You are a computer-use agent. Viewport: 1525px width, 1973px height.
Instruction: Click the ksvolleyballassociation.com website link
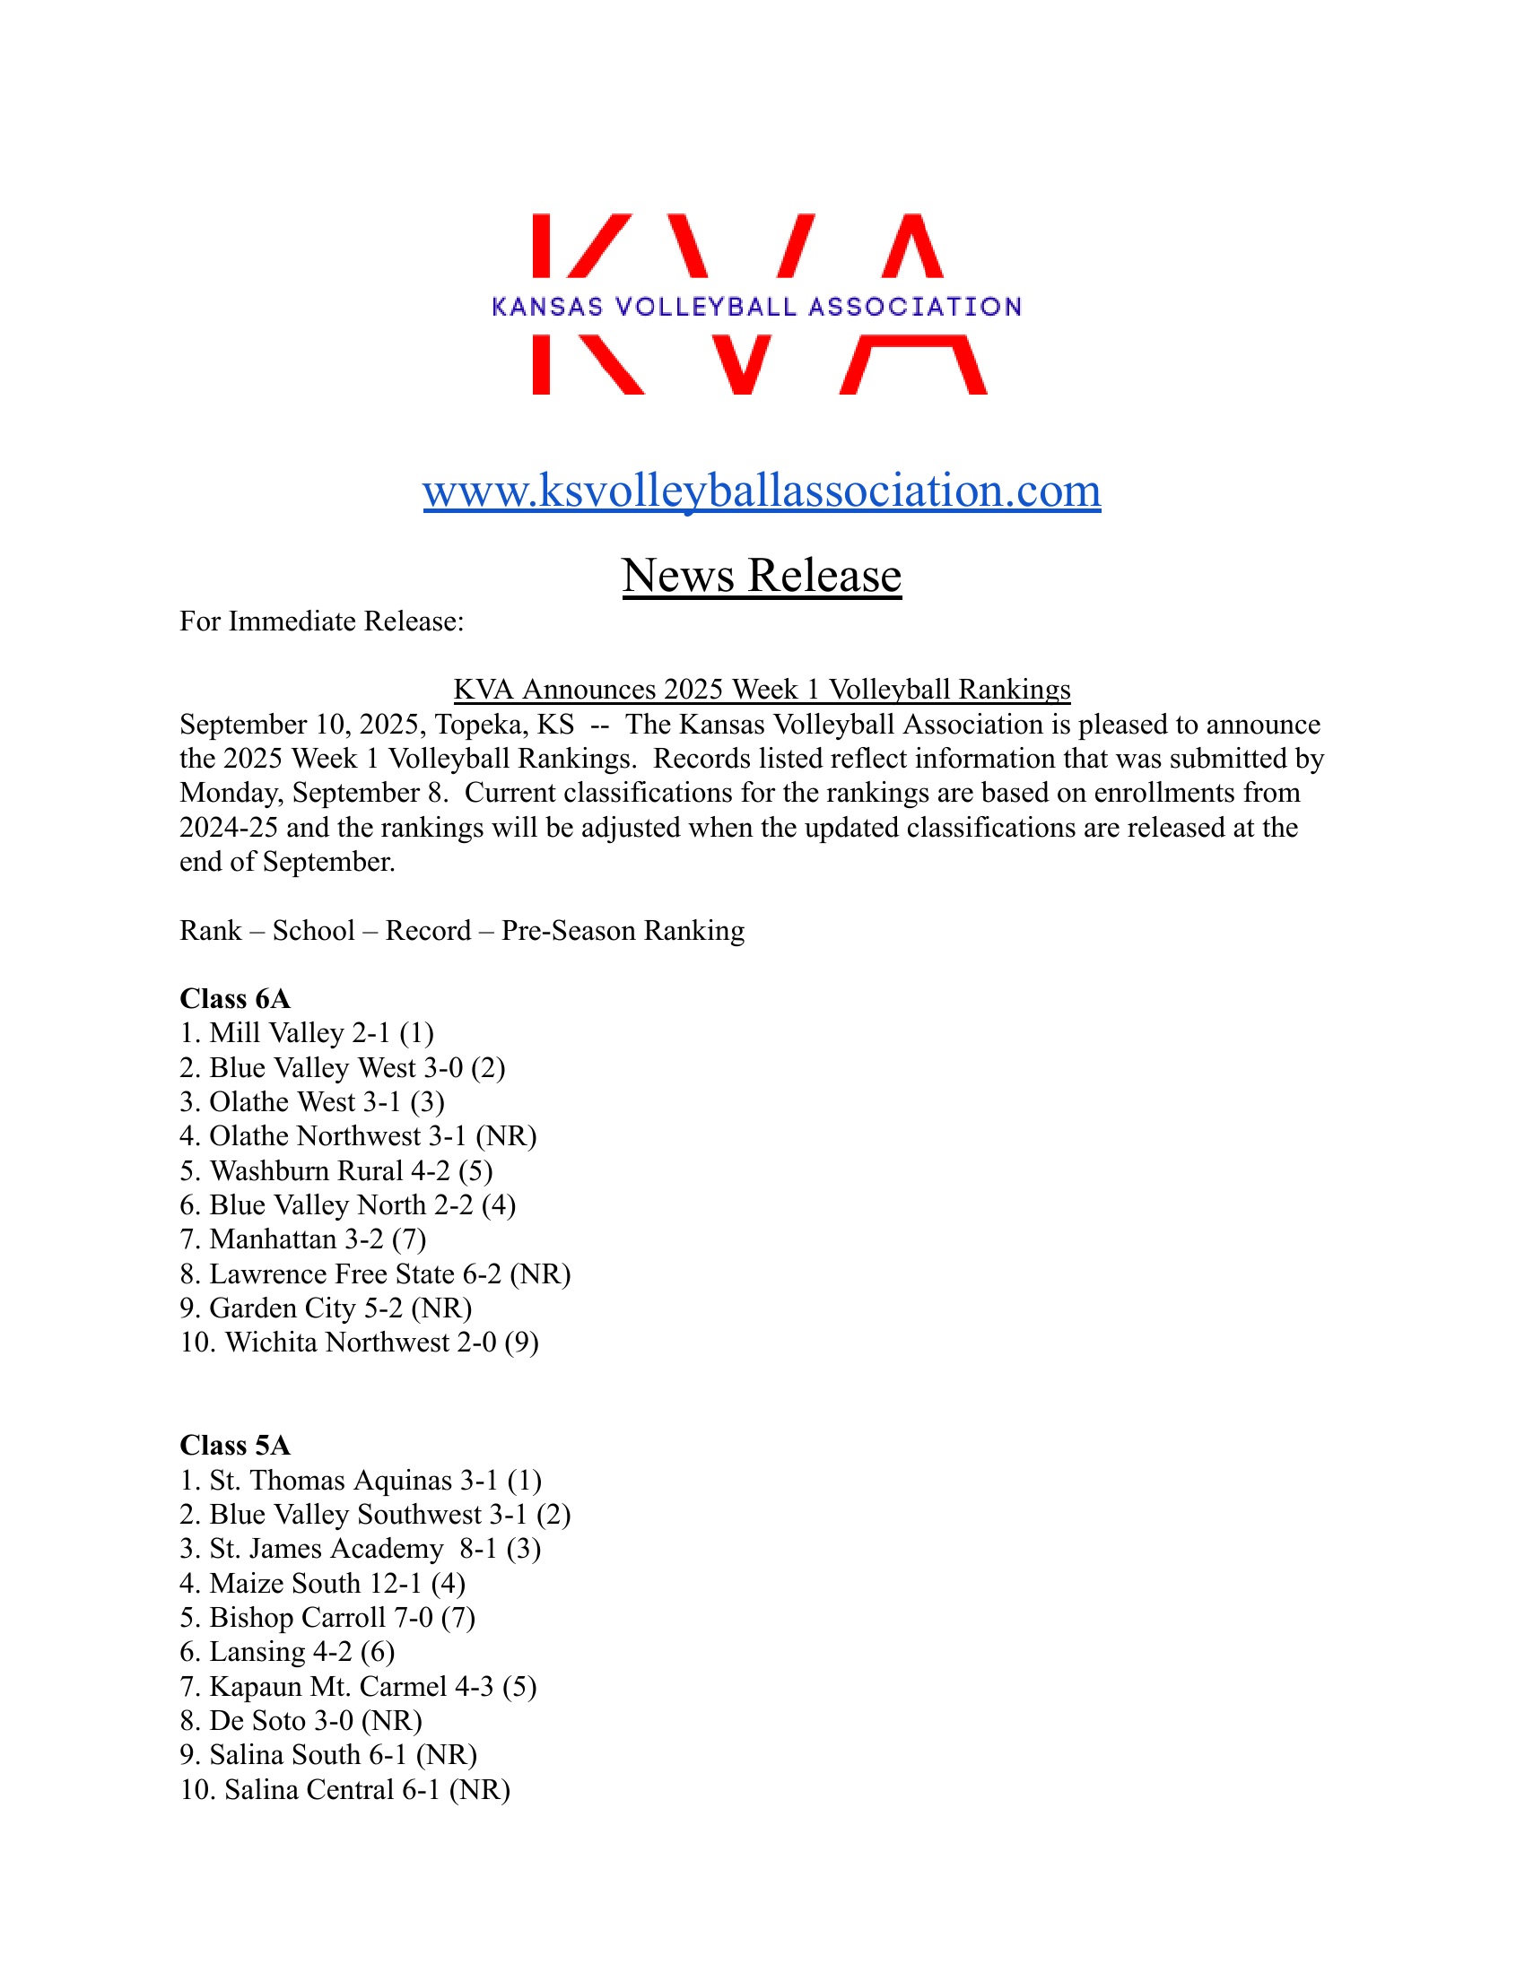[762, 491]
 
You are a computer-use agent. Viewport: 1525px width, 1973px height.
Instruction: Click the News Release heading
[762, 576]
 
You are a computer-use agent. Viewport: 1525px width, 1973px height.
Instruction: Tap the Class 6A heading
[235, 998]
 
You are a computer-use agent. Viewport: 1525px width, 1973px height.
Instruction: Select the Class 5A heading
[235, 1446]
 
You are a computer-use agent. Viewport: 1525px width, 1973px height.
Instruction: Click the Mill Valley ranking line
[307, 1032]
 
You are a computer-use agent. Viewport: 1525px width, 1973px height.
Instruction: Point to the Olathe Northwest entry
[358, 1135]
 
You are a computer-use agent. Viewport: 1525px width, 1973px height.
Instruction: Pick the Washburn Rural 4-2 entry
[336, 1170]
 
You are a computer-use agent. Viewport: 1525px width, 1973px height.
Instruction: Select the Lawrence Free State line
[375, 1273]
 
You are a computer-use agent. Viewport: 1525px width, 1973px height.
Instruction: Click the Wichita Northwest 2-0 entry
[360, 1343]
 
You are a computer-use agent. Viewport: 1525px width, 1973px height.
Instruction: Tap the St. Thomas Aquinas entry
[361, 1481]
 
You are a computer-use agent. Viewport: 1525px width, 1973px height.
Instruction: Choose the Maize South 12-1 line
[323, 1584]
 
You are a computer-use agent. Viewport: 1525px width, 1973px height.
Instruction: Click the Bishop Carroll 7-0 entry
[327, 1618]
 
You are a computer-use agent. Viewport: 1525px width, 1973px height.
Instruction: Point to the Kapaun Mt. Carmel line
[358, 1687]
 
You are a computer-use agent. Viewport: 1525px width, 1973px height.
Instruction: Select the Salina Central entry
[345, 1790]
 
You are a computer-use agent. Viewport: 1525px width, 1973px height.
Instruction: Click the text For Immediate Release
[322, 621]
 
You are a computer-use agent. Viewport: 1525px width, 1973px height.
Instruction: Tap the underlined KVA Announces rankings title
[762, 690]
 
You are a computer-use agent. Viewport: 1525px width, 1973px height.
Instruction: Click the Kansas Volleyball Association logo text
[757, 307]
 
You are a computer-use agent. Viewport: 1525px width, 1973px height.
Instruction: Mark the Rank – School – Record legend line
[462, 931]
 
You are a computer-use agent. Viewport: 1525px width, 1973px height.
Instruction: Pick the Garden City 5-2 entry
[326, 1308]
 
